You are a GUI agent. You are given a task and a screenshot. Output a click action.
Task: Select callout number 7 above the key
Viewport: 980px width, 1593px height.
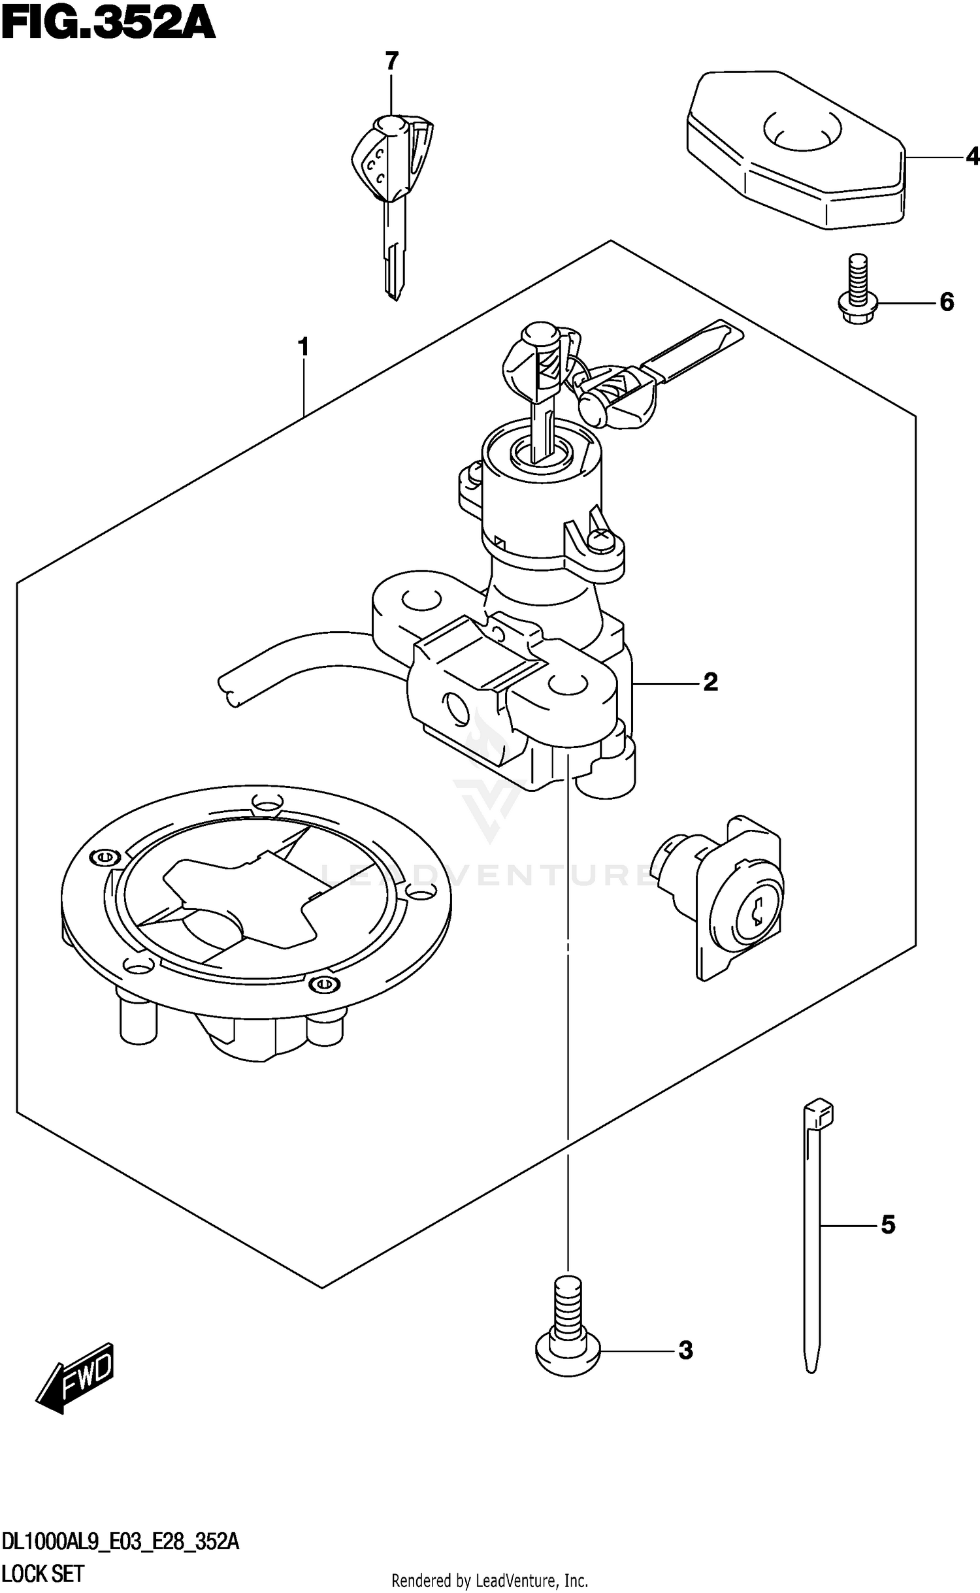391,61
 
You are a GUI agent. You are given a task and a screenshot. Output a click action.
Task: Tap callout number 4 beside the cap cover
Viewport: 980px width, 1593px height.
972,157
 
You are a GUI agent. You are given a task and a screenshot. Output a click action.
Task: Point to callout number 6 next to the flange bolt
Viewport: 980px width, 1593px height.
947,302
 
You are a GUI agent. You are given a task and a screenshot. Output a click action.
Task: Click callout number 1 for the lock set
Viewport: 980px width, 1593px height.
303,347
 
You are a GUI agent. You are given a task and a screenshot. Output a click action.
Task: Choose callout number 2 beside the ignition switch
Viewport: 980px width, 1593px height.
711,682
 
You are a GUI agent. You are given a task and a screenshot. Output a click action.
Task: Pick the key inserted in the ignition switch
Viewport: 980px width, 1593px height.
538,386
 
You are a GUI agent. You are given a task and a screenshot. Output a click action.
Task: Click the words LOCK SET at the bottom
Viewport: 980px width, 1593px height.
43,1575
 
